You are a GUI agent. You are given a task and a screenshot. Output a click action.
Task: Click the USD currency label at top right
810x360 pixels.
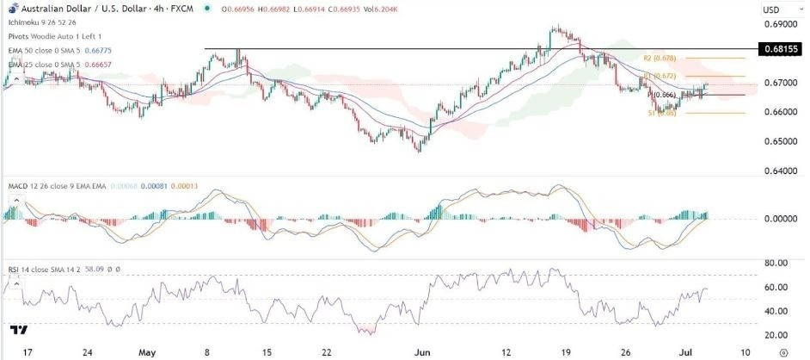(x=771, y=9)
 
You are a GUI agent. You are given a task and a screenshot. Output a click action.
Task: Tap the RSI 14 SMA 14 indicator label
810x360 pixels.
(x=43, y=269)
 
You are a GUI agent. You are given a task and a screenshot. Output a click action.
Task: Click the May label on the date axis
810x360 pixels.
(x=147, y=352)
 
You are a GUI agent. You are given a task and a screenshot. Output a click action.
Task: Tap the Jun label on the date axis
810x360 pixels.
(x=420, y=352)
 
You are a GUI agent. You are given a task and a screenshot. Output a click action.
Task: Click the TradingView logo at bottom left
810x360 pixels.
(x=19, y=330)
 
